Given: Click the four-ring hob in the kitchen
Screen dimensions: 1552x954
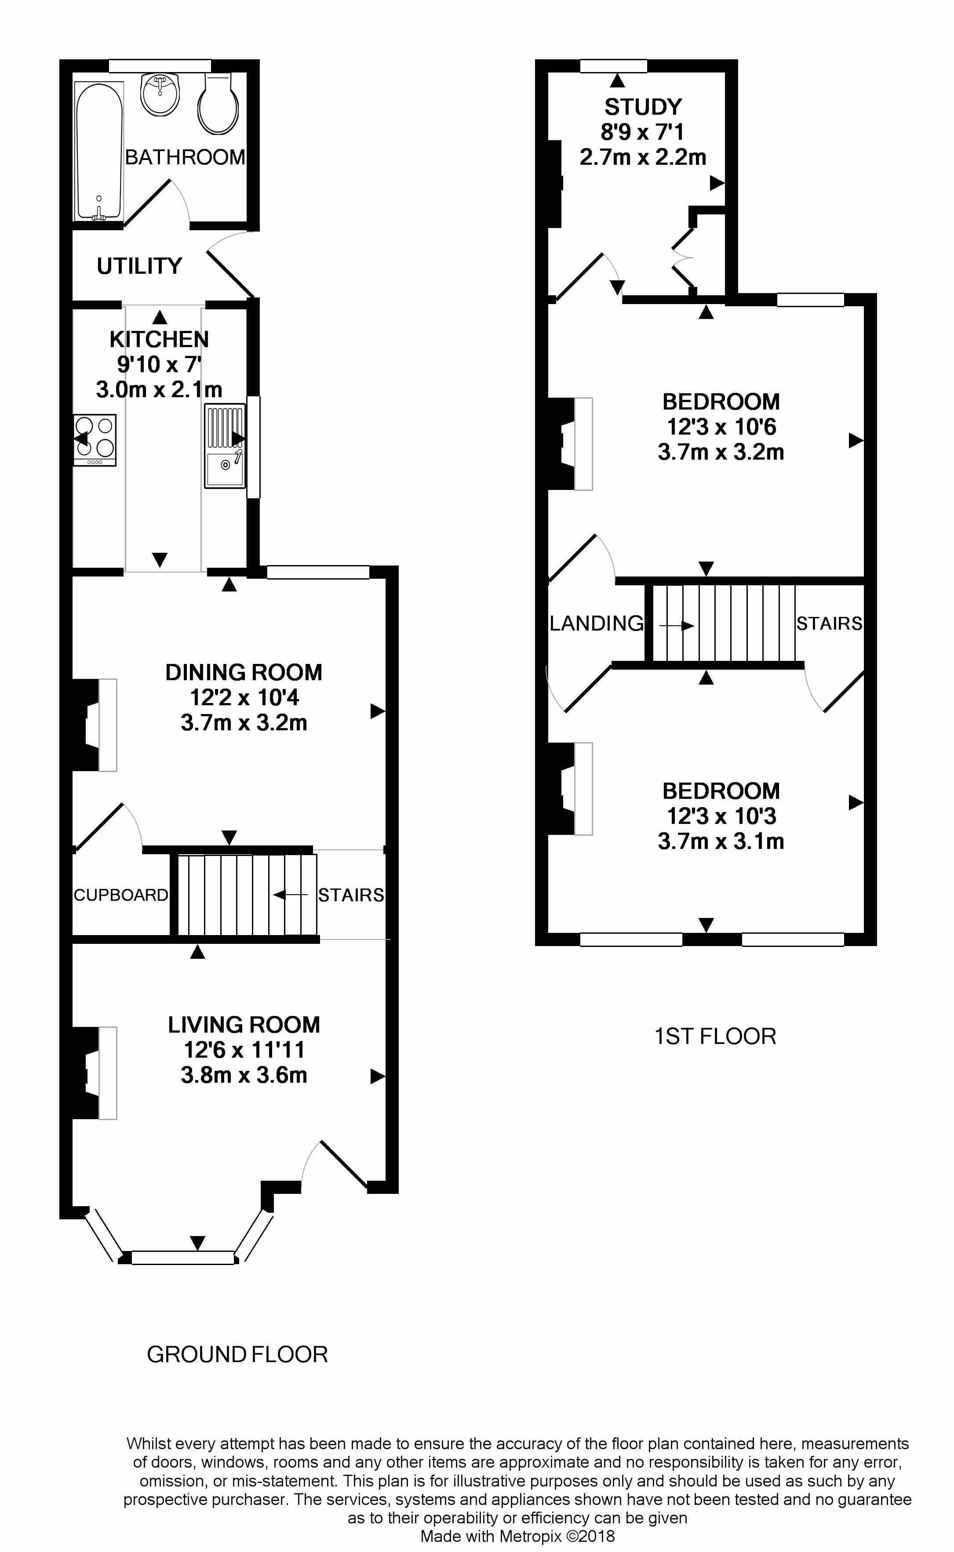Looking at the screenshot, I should coord(95,439).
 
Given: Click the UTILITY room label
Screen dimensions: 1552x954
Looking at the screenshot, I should coord(139,266).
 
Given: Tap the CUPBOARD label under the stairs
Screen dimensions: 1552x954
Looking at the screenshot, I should coord(120,895).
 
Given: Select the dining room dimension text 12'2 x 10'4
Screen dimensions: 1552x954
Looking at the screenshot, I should coord(244,697).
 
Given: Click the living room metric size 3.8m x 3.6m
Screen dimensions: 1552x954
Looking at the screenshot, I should coord(244,1075).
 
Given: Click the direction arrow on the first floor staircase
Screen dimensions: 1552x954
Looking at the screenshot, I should coord(677,626).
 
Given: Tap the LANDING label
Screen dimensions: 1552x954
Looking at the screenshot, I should coord(596,623).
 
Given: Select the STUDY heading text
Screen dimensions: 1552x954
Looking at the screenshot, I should coord(643,107).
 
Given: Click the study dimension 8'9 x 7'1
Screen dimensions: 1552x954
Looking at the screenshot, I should coord(642,132).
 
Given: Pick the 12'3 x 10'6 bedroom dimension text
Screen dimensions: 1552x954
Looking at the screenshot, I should coord(721,427).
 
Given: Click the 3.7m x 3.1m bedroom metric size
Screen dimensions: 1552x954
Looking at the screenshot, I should coord(721,841).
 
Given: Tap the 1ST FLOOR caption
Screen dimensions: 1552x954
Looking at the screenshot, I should coord(715,1036).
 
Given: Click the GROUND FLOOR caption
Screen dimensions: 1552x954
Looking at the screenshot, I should coord(237,1355).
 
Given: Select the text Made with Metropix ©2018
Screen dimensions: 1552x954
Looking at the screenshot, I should coord(517,1536).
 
